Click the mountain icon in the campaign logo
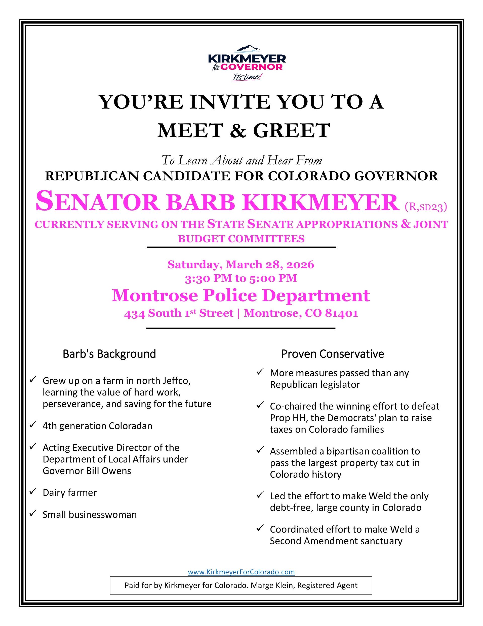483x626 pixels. pos(247,49)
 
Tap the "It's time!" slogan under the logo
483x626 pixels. pos(247,77)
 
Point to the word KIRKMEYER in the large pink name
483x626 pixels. pos(321,203)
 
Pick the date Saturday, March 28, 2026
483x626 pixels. pos(241,264)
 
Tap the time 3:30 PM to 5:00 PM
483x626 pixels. pos(241,278)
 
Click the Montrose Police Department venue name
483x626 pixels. pos(241,295)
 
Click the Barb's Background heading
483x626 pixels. pos(109,354)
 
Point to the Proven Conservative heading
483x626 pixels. pos(332,354)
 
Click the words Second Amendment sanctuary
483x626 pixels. pos(336,541)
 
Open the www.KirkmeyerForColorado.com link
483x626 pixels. pos(241,572)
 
